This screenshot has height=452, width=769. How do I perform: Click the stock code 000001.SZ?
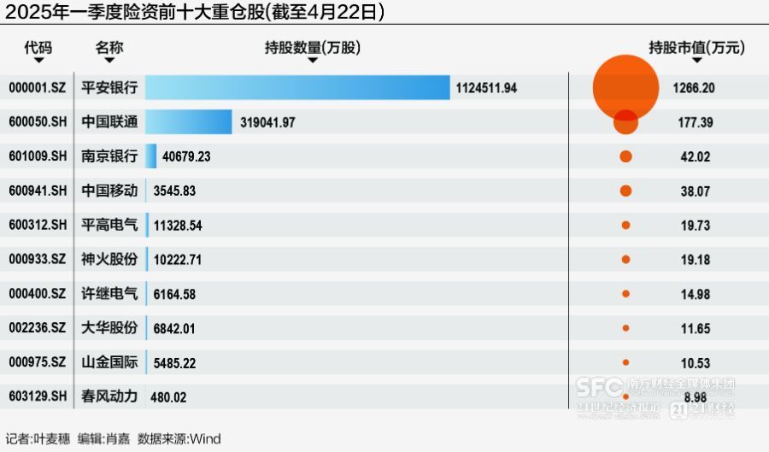37,88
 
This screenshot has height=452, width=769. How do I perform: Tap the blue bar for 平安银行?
297,88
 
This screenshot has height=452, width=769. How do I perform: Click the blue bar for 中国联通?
189,122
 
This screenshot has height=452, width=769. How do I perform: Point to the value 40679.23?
189,156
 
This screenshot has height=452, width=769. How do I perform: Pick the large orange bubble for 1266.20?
625,87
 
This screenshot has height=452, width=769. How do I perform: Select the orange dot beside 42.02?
625,156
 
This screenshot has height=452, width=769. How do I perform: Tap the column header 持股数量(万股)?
313,49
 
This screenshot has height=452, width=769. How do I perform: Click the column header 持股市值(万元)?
697,48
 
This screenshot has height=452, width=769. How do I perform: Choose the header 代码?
38,48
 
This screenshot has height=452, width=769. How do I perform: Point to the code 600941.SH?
37,191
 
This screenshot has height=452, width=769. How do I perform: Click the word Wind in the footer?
205,439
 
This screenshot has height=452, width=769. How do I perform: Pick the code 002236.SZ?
37,328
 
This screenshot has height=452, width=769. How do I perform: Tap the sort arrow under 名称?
109,61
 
